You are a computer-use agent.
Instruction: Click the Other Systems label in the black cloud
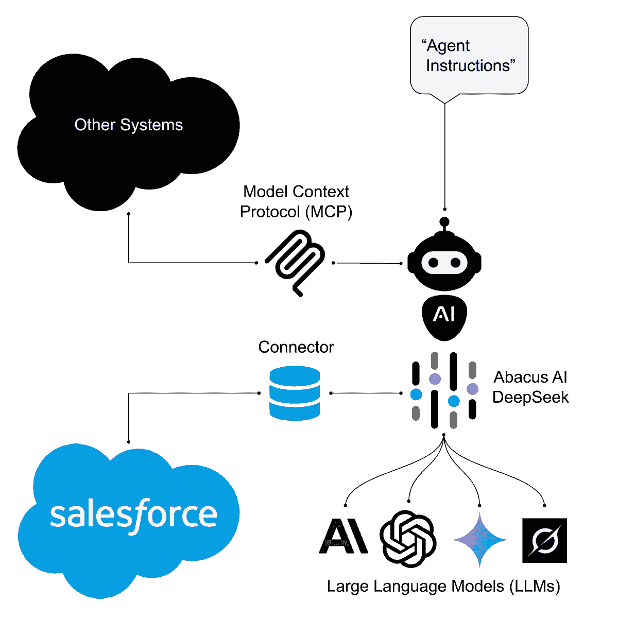[x=129, y=125]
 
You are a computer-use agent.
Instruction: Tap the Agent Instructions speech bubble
[x=469, y=56]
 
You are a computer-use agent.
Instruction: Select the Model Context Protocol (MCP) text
[x=296, y=202]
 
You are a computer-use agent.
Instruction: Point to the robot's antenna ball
[x=444, y=222]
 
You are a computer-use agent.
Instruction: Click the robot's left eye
[x=433, y=263]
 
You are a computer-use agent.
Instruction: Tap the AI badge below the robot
[x=444, y=315]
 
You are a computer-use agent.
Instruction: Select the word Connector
[x=296, y=347]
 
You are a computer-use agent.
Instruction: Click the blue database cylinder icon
[x=295, y=393]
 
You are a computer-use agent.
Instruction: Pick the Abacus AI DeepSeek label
[x=530, y=387]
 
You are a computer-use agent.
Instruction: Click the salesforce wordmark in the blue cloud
[x=133, y=514]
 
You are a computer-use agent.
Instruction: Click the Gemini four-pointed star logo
[x=479, y=539]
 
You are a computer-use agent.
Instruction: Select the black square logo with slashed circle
[x=544, y=540]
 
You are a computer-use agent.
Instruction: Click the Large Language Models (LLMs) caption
[x=443, y=587]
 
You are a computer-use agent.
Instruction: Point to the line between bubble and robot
[x=444, y=154]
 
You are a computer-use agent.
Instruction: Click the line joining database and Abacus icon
[x=366, y=393]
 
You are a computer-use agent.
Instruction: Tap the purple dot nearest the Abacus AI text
[x=472, y=389]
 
